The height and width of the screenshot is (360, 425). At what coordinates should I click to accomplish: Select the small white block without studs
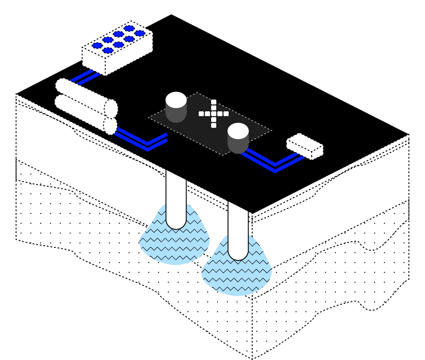coord(304,146)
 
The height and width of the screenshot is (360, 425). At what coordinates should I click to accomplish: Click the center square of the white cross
coord(214,114)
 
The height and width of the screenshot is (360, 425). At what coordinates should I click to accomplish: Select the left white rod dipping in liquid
coord(176,201)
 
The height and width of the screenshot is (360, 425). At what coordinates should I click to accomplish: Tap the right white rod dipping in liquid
coord(238,232)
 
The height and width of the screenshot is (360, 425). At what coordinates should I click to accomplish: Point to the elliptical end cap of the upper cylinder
coord(111,109)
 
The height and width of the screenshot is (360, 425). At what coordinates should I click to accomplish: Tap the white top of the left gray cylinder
coord(176,100)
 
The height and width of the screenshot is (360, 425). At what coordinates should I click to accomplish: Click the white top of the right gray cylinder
coord(238,131)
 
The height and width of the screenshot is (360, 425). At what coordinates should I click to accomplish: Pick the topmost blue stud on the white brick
coord(129,29)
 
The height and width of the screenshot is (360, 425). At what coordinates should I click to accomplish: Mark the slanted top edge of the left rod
coord(176,175)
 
